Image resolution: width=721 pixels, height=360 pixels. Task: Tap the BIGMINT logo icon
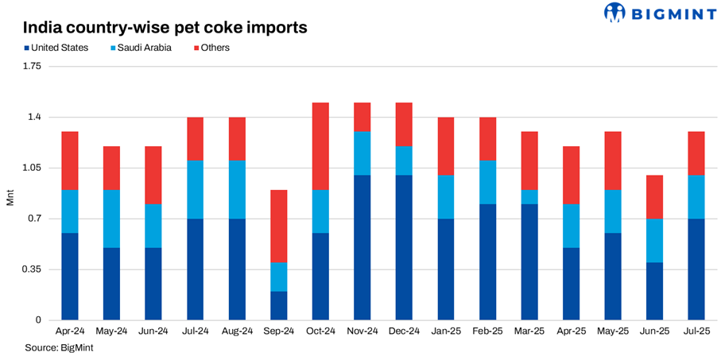click(615, 13)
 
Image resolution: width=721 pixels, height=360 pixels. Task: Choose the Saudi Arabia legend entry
click(140, 48)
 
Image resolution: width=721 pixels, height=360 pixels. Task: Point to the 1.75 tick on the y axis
click(32, 66)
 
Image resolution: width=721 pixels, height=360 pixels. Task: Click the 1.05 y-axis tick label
click(32, 168)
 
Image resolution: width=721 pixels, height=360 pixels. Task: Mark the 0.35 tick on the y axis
click(32, 269)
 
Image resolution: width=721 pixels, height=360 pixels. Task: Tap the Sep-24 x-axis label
click(278, 331)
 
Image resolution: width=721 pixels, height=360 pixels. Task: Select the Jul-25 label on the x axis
click(696, 331)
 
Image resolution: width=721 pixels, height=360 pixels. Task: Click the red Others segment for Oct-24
click(320, 146)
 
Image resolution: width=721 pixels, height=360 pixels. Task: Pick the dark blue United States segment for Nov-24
click(362, 247)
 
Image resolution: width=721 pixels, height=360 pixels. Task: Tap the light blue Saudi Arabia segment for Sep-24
click(278, 277)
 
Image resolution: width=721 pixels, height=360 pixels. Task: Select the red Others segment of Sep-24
click(278, 226)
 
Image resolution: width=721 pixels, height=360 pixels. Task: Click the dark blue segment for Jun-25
click(654, 291)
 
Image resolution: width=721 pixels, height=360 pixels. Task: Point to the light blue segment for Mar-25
click(529, 197)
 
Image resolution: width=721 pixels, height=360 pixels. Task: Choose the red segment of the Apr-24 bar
click(70, 161)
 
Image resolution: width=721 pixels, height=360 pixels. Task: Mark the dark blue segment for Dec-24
click(404, 247)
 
